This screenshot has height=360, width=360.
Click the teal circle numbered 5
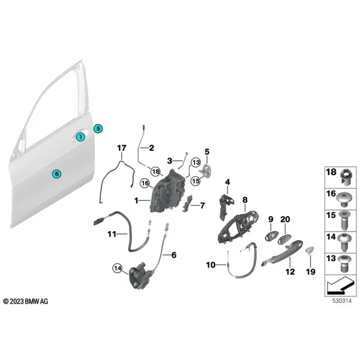[98, 128]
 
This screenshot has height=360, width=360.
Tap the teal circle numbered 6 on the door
[57, 173]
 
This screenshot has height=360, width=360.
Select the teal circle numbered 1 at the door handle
[80, 137]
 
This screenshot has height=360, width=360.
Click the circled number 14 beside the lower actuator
[118, 268]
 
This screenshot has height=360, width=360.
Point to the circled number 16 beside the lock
[145, 184]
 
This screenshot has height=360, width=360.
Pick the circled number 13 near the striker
[196, 163]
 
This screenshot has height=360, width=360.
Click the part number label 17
[122, 148]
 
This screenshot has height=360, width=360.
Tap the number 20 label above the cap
[285, 219]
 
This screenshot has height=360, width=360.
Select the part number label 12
[290, 272]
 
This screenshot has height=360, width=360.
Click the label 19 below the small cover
[311, 272]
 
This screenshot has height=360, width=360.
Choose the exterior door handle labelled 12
[282, 253]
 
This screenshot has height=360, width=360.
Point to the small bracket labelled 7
[187, 203]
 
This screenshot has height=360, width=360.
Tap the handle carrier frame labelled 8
[238, 227]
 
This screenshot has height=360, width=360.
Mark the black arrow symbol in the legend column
[340, 286]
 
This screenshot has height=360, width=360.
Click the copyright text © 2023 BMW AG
[26, 301]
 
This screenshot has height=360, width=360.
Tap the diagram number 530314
[342, 301]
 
